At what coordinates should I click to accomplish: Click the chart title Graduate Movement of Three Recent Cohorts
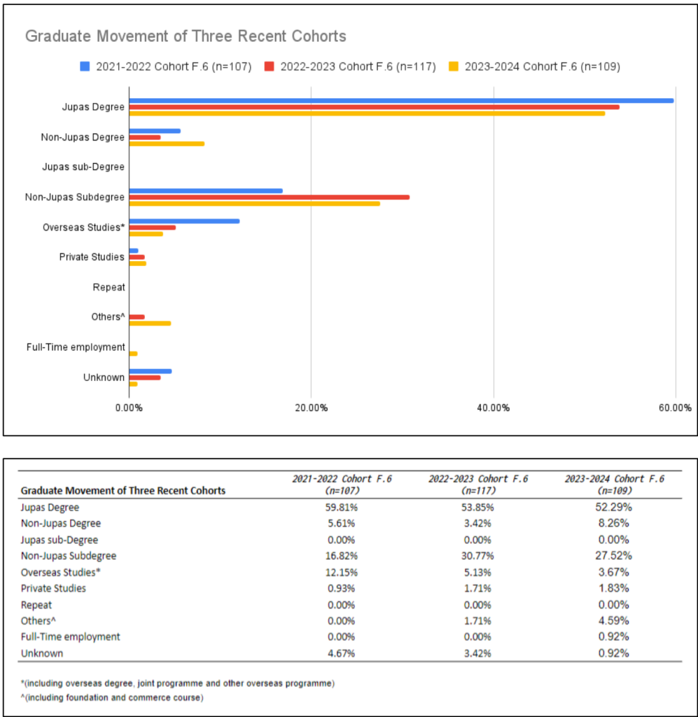tap(186, 36)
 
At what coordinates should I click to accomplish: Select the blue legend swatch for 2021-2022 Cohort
tap(84, 67)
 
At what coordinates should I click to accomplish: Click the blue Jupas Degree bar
tap(401, 101)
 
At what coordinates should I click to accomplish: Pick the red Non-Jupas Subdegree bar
tap(269, 197)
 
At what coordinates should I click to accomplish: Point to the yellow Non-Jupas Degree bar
tap(167, 144)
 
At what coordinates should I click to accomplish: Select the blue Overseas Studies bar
tap(184, 221)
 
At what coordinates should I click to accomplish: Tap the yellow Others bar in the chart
tap(150, 323)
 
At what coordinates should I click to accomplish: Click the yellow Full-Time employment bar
tap(133, 354)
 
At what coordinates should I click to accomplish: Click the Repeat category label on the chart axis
tap(109, 287)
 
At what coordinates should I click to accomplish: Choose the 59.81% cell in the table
tap(342, 508)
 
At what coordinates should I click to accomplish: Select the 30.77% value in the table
tap(478, 556)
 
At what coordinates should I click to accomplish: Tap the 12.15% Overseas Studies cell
tap(342, 572)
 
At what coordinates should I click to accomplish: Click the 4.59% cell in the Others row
tap(614, 621)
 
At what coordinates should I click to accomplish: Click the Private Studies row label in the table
tap(53, 588)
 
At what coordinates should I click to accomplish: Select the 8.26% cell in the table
tap(614, 524)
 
